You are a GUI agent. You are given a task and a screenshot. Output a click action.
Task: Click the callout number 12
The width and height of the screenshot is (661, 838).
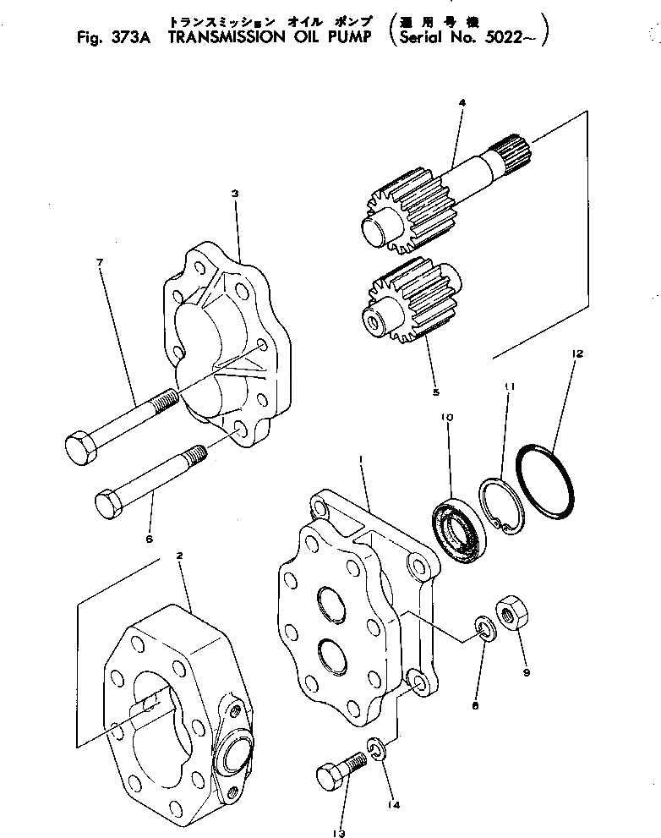click(577, 353)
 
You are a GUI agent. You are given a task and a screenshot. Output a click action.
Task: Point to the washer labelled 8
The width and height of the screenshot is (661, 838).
click(483, 628)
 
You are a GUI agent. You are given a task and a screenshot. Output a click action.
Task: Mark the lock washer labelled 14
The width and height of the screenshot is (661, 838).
click(378, 748)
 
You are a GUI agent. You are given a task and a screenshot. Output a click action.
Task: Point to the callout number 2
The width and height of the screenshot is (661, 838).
click(179, 555)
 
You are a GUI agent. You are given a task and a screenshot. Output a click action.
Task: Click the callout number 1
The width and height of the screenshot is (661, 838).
click(362, 460)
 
